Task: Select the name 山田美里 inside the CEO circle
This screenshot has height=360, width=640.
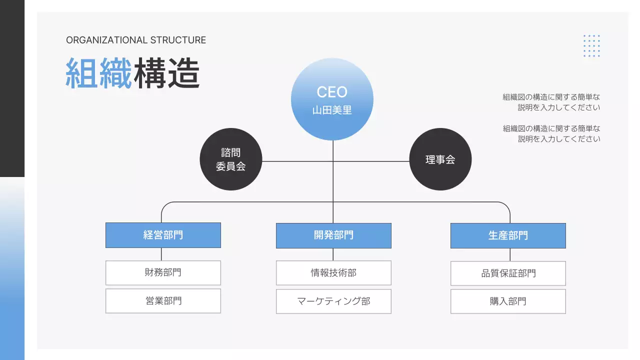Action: [332, 110]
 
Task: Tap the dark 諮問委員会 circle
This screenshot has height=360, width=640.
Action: [230, 159]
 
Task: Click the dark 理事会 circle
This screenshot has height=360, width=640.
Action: [440, 159]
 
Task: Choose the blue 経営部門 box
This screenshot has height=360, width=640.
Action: [163, 235]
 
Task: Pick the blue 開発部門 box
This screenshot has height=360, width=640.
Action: [333, 235]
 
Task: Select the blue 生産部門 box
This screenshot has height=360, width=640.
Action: [508, 235]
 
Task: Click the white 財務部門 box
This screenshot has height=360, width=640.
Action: [163, 272]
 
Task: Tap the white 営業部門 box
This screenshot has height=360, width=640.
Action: [163, 300]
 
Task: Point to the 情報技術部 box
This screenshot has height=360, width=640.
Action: [333, 273]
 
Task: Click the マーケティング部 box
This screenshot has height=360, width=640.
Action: [333, 301]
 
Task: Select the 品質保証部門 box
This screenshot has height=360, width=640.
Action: [508, 273]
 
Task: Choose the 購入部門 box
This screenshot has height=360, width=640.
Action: [508, 301]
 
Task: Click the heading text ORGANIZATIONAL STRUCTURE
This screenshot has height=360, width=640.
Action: [136, 40]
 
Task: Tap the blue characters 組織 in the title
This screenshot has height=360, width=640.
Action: [98, 73]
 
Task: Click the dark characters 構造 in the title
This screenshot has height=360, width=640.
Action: [166, 73]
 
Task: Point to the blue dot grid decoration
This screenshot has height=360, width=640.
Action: [591, 46]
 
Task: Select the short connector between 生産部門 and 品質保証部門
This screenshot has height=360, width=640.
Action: [510, 254]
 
